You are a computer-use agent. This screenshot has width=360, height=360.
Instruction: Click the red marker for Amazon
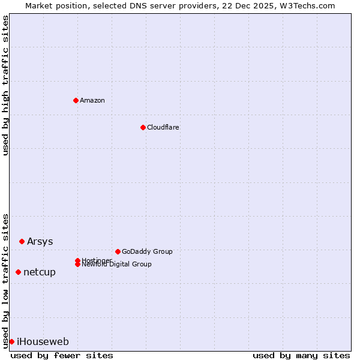click(76, 100)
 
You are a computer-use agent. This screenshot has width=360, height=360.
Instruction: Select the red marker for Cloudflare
click(143, 127)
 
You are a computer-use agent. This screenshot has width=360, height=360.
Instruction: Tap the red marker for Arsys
click(22, 241)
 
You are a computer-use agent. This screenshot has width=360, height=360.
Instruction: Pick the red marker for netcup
click(18, 272)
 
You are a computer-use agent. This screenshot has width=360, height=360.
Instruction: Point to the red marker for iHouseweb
click(11, 341)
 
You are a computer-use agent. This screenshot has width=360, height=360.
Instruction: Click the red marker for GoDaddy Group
click(118, 251)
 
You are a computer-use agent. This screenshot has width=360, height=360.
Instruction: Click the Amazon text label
click(92, 100)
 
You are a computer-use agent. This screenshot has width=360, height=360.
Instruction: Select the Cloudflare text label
click(163, 127)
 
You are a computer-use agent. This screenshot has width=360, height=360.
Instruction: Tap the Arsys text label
click(40, 241)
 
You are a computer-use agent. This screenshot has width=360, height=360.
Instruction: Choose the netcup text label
click(40, 272)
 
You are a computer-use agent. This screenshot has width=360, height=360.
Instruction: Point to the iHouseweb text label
click(43, 341)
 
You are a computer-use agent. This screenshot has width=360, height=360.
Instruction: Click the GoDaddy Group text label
click(147, 251)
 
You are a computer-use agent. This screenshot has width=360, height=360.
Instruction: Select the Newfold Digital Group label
click(116, 265)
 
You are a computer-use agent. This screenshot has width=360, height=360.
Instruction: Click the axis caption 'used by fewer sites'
click(62, 355)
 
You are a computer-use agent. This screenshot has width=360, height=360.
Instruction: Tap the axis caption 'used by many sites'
click(301, 355)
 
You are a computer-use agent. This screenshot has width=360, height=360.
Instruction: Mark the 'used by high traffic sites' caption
click(5, 85)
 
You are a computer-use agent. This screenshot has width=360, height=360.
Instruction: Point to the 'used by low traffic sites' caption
click(5, 280)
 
